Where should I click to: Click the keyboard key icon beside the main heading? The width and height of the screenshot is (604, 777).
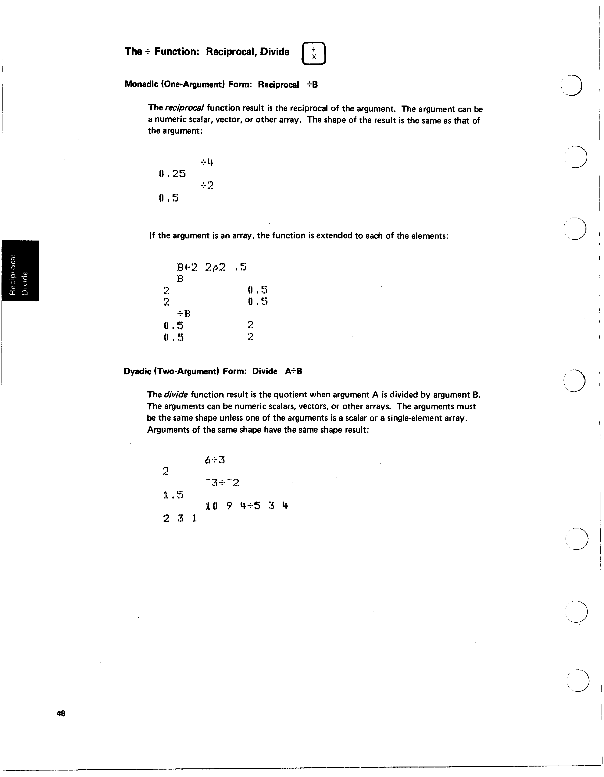click(313, 53)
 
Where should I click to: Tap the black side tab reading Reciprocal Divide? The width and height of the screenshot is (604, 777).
click(20, 271)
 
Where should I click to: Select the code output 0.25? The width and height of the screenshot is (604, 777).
click(172, 174)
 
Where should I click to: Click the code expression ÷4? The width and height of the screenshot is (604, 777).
click(207, 162)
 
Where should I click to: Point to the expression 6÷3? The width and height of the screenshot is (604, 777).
click(214, 460)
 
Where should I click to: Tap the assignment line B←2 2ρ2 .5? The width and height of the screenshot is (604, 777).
click(212, 267)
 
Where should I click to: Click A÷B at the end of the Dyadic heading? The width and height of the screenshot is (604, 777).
click(293, 371)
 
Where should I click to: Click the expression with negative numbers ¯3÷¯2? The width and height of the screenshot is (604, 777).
click(222, 483)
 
